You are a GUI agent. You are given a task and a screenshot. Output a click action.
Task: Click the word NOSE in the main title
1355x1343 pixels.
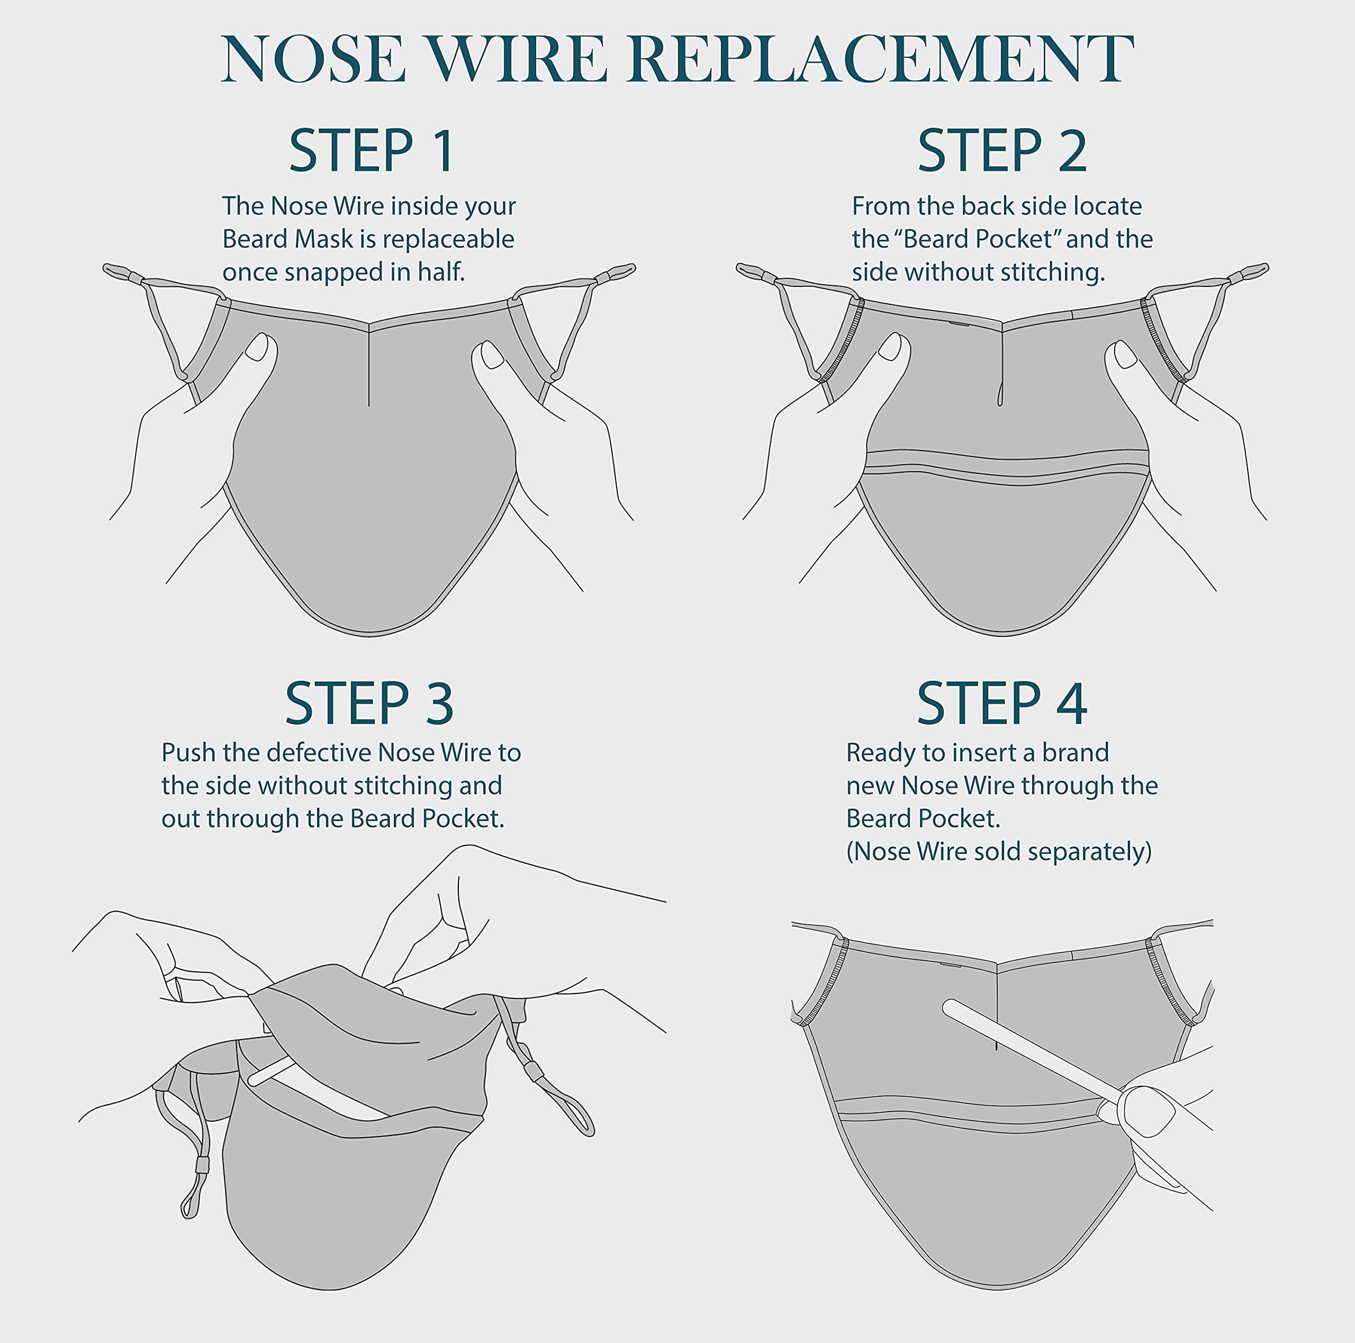tap(313, 59)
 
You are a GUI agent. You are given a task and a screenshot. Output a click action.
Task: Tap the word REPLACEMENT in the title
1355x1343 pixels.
tap(881, 59)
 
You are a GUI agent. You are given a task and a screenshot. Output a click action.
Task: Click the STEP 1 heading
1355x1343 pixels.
tap(371, 151)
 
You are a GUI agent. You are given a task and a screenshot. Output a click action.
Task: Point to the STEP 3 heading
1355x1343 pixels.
tap(369, 704)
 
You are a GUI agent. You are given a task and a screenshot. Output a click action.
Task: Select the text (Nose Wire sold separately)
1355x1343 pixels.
tap(999, 851)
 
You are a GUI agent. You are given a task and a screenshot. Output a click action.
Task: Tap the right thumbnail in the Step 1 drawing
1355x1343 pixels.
tap(492, 354)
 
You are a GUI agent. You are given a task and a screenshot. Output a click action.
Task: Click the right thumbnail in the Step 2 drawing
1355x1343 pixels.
tap(1125, 354)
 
